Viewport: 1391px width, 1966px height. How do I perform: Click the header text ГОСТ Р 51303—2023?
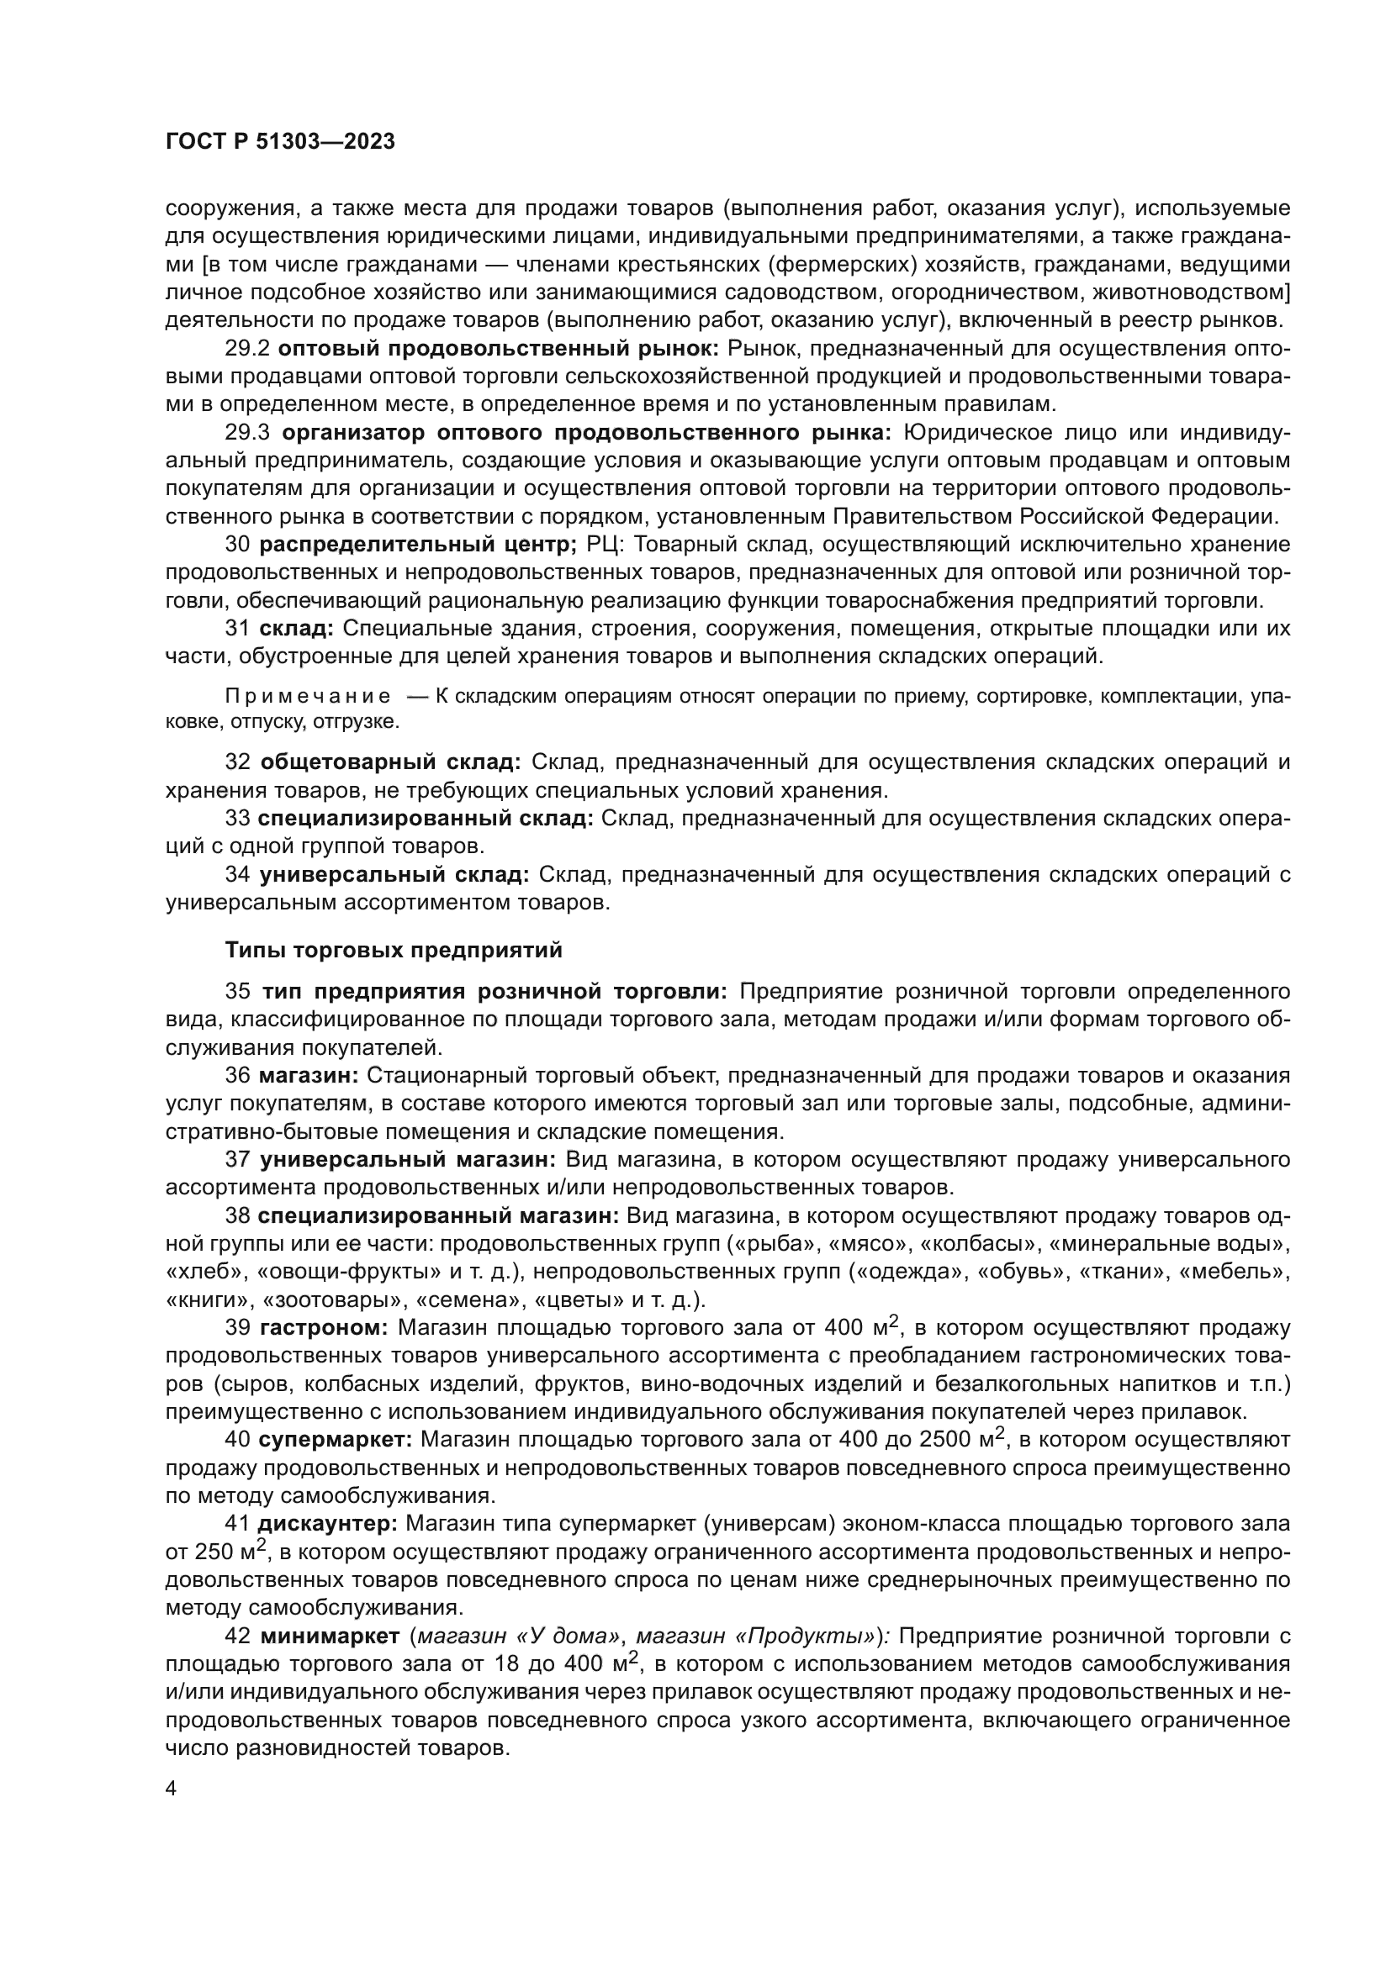click(x=280, y=142)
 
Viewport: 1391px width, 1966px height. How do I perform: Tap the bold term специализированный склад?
click(x=426, y=819)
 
